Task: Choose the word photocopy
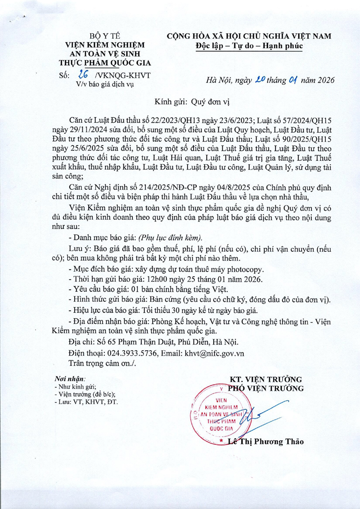pyautogui.click(x=241, y=269)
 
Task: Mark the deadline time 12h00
pyautogui.click(x=157, y=278)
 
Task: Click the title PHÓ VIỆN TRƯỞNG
pyautogui.click(x=266, y=388)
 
